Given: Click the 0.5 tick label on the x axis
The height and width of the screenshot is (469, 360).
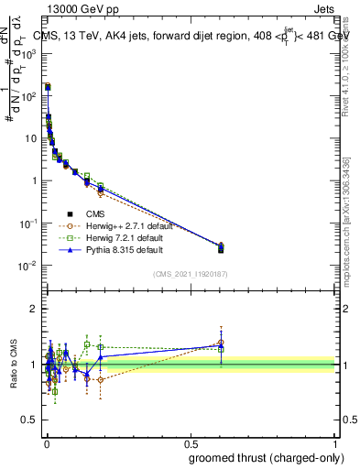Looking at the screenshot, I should point(191,442).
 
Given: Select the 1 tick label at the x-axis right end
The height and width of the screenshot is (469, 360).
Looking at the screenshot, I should point(335,442).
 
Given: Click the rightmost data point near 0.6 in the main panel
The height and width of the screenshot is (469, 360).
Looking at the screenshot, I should point(221,247).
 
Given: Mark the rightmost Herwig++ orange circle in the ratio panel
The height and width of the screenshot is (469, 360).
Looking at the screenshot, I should point(221,343).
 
